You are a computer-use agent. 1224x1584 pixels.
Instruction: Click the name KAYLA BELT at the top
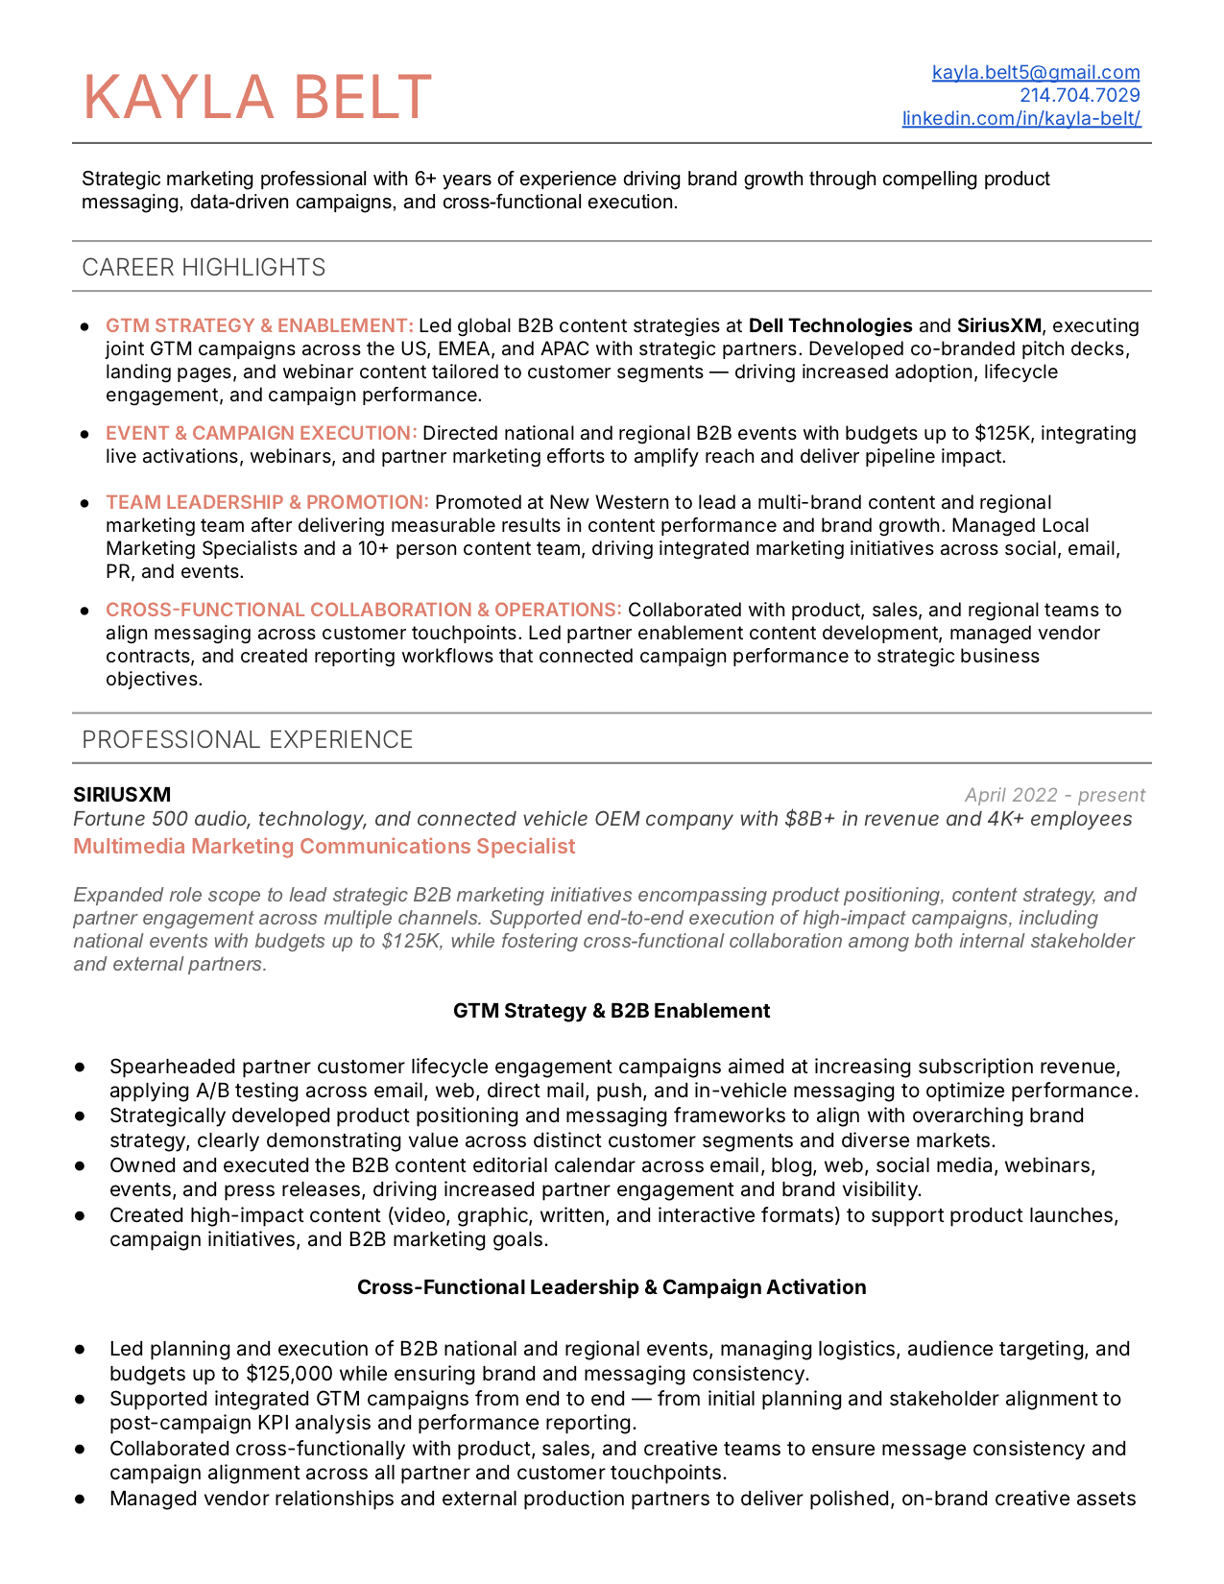pos(257,98)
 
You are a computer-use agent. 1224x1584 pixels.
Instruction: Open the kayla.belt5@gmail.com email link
pos(1036,72)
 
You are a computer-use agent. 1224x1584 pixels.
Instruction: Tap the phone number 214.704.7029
pos(1079,95)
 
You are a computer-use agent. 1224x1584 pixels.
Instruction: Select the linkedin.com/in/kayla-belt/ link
pos(1021,118)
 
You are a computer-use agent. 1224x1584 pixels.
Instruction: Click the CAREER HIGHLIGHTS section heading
pos(204,267)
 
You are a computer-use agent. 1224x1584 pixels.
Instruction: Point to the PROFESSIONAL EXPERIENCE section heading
pos(247,739)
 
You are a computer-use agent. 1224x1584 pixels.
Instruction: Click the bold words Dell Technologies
pos(830,325)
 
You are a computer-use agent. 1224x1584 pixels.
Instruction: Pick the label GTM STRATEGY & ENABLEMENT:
pos(259,325)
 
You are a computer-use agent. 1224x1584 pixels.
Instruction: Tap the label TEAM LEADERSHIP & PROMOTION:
pos(267,502)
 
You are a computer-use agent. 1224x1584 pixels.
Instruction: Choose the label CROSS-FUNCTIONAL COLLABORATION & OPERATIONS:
pos(363,610)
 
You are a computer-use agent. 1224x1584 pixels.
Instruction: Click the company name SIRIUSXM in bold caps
pos(122,795)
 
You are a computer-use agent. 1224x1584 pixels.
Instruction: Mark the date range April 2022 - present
pos(1054,795)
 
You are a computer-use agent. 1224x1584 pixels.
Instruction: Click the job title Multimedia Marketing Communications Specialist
pos(324,846)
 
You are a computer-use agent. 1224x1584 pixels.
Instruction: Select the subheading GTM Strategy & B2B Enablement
pos(612,1011)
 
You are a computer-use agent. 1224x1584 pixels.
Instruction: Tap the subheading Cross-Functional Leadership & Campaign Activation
pos(612,1287)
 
